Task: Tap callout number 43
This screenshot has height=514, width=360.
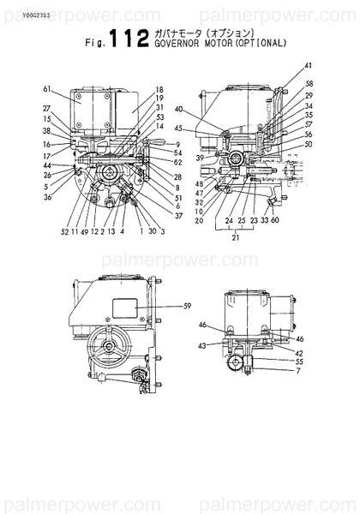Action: click(x=203, y=346)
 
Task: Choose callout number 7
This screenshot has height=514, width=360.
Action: click(x=298, y=371)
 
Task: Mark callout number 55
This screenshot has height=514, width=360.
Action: click(x=298, y=362)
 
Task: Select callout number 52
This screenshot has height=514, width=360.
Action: click(x=64, y=231)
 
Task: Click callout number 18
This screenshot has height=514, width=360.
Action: click(x=159, y=90)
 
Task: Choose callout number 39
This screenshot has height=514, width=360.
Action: click(x=199, y=158)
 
